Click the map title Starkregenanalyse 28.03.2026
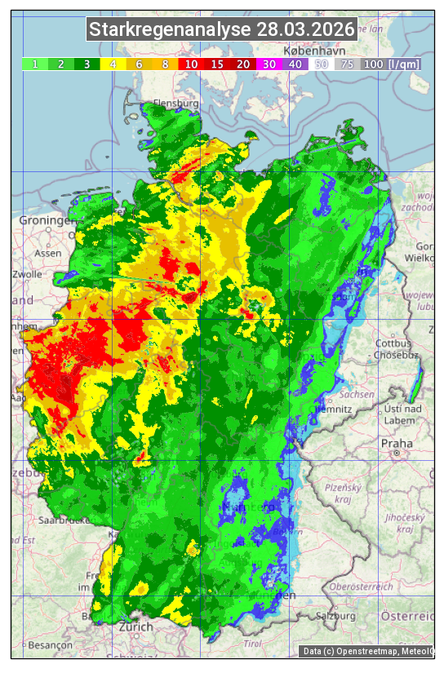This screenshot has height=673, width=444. [x=222, y=30]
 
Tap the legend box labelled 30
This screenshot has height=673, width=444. [x=269, y=64]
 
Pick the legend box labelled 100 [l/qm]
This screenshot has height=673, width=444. [x=391, y=64]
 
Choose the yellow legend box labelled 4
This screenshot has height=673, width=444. [x=113, y=64]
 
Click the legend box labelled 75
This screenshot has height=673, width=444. [x=347, y=64]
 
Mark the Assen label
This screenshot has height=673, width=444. [x=49, y=253]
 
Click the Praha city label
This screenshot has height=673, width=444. [x=397, y=443]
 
